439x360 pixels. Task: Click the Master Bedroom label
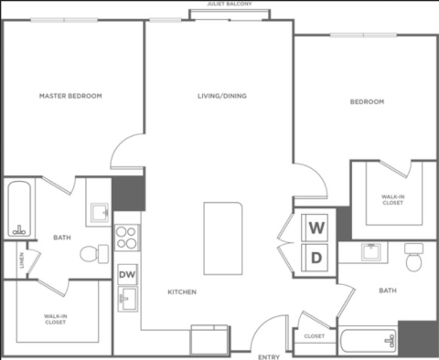[70, 96]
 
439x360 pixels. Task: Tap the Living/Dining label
[222, 96]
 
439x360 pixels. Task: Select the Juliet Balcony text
[230, 4]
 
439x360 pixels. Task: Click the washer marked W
[315, 228]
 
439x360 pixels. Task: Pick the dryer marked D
[315, 258]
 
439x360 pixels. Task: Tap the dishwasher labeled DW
[127, 274]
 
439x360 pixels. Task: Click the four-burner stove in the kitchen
[127, 238]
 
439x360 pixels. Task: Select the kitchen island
[223, 238]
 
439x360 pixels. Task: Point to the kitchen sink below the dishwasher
[128, 299]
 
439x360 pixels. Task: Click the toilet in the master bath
[94, 254]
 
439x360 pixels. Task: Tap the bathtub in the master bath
[19, 209]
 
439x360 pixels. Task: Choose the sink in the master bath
[100, 213]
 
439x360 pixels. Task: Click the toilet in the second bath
[413, 257]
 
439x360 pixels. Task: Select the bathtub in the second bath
[369, 340]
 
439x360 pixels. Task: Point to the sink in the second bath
[371, 252]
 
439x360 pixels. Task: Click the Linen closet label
[21, 260]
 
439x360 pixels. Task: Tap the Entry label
[269, 357]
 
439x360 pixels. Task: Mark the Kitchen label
[182, 291]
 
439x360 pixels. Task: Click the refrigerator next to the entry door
[209, 340]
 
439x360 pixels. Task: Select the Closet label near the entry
[315, 336]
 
